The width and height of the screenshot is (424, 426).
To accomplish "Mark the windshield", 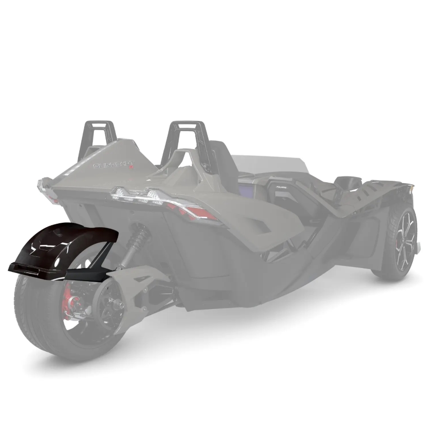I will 273,164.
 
